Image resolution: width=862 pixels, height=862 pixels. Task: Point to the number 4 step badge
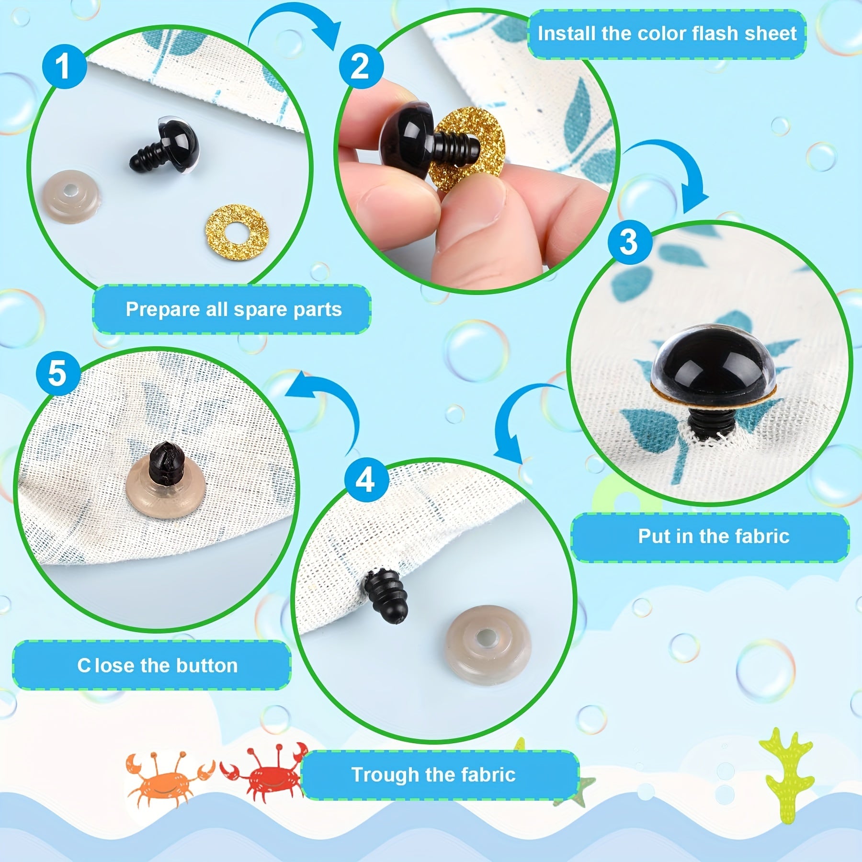pyautogui.click(x=365, y=479)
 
